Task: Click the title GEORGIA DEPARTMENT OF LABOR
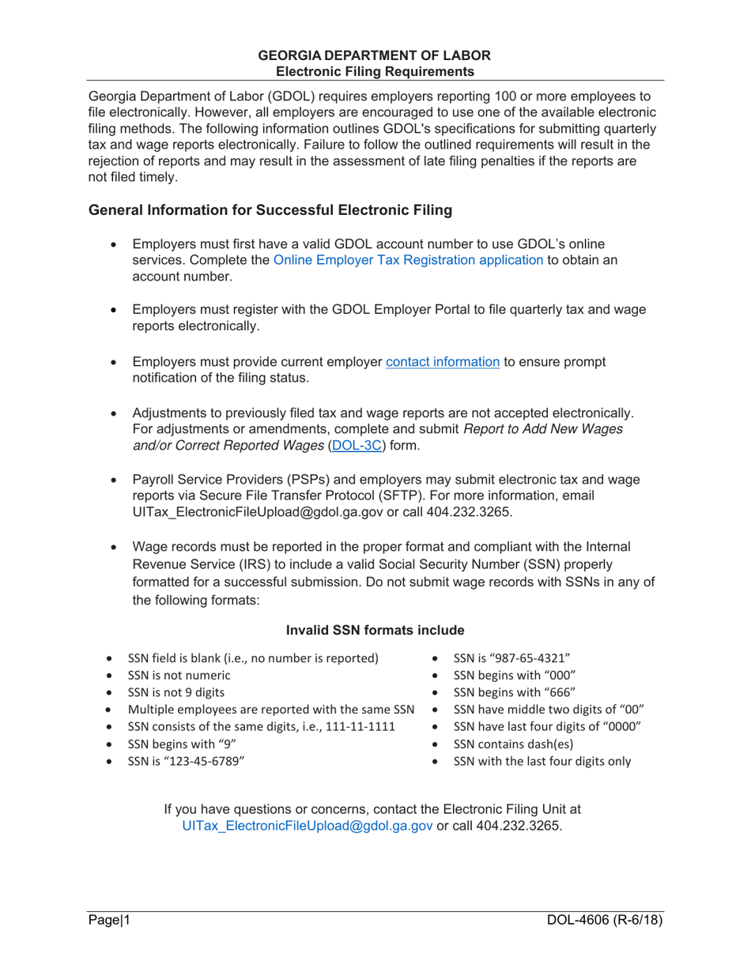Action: click(x=375, y=55)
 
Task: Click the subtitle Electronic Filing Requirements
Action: click(x=375, y=70)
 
